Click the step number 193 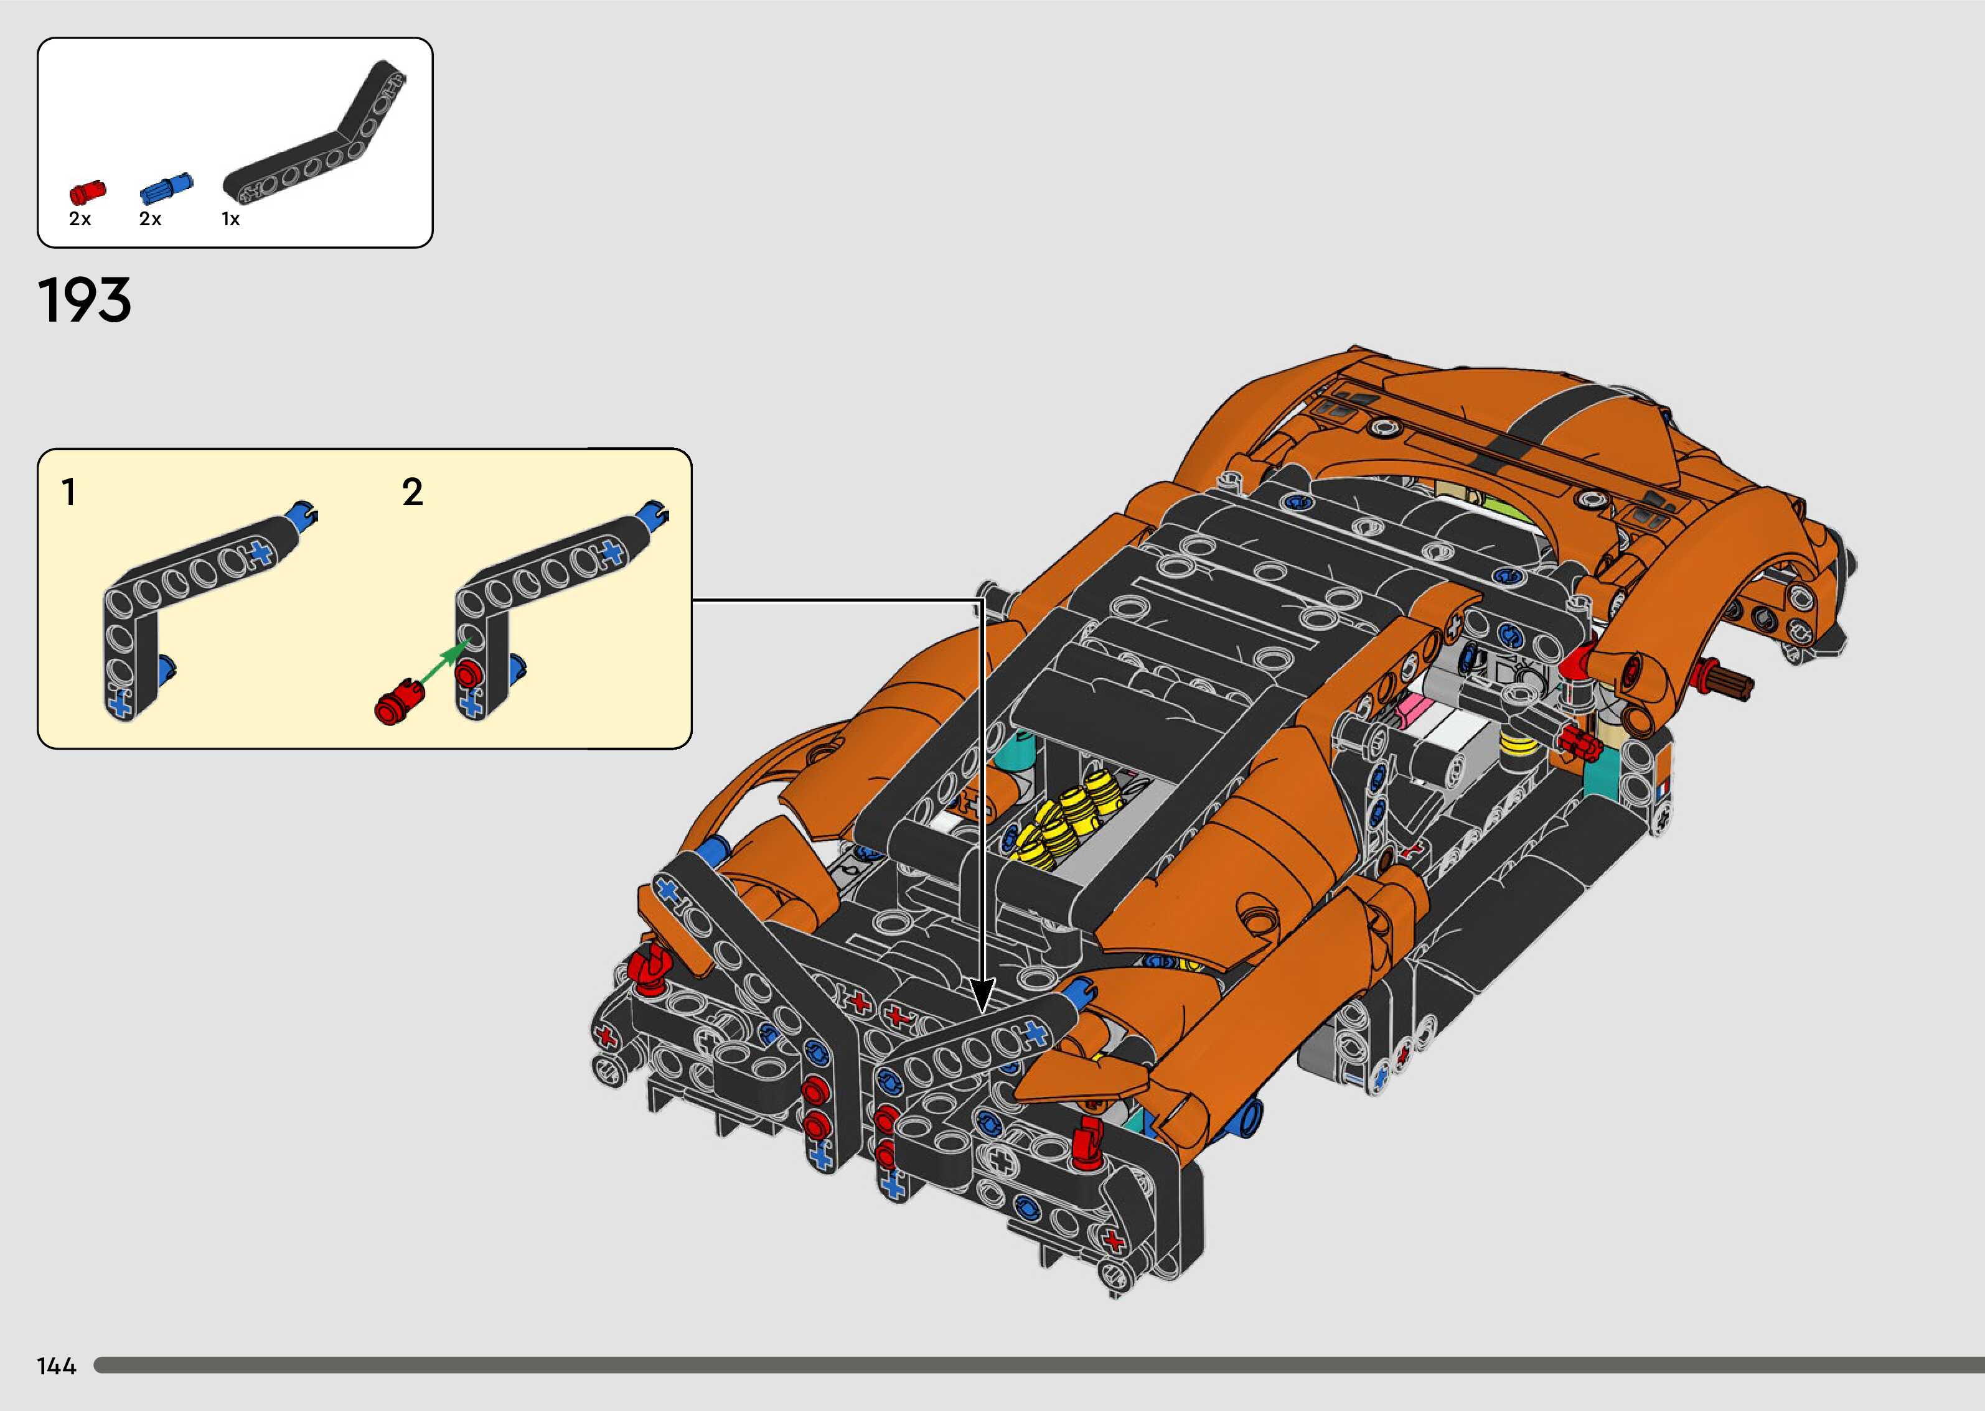click(x=84, y=300)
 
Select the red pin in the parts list click(x=86, y=191)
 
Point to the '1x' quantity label click(x=230, y=220)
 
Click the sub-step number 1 click(x=68, y=493)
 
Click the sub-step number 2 click(x=413, y=493)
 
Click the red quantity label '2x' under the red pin click(x=80, y=220)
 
